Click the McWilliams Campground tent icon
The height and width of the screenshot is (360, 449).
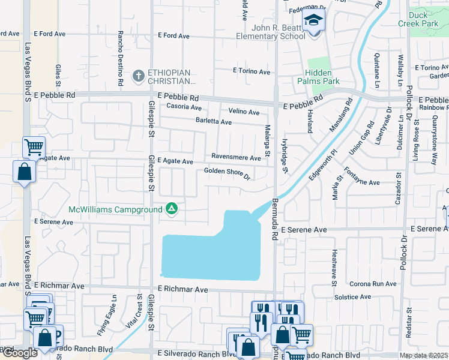172,209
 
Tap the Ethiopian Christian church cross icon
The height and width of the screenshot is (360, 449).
138,76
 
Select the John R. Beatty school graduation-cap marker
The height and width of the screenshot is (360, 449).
313,22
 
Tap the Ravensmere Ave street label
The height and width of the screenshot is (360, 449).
236,158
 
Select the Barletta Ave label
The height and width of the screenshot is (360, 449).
214,122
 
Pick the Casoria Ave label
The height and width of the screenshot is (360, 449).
184,107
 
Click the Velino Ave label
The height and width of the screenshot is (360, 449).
244,112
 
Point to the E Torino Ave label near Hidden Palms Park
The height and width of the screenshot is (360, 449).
252,71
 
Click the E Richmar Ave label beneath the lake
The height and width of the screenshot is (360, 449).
183,290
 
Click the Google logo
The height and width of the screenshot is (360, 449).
19,353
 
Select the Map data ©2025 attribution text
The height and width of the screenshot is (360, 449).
423,356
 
